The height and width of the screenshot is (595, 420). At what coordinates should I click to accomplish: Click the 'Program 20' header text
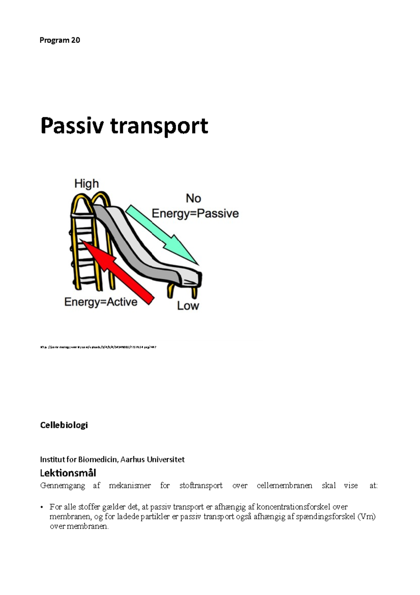59,40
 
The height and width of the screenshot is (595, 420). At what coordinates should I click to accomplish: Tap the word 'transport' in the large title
159,126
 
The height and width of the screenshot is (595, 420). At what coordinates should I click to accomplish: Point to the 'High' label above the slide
86,184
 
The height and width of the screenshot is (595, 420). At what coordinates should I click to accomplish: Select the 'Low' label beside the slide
188,306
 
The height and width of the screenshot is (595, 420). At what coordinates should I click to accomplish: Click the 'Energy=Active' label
101,302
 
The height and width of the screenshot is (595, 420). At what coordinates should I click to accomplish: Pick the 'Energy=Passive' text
195,213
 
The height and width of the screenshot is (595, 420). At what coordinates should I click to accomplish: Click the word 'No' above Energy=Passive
193,198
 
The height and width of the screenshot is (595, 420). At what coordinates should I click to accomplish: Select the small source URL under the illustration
98,347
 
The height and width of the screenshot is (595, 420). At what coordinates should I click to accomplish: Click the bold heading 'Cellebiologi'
64,425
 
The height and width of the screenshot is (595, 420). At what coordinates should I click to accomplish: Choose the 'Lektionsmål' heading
68,473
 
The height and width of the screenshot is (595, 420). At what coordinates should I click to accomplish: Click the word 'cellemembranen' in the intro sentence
284,486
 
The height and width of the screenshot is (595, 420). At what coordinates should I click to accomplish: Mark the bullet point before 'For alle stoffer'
42,507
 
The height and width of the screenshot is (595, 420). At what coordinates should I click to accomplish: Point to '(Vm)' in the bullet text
366,517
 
